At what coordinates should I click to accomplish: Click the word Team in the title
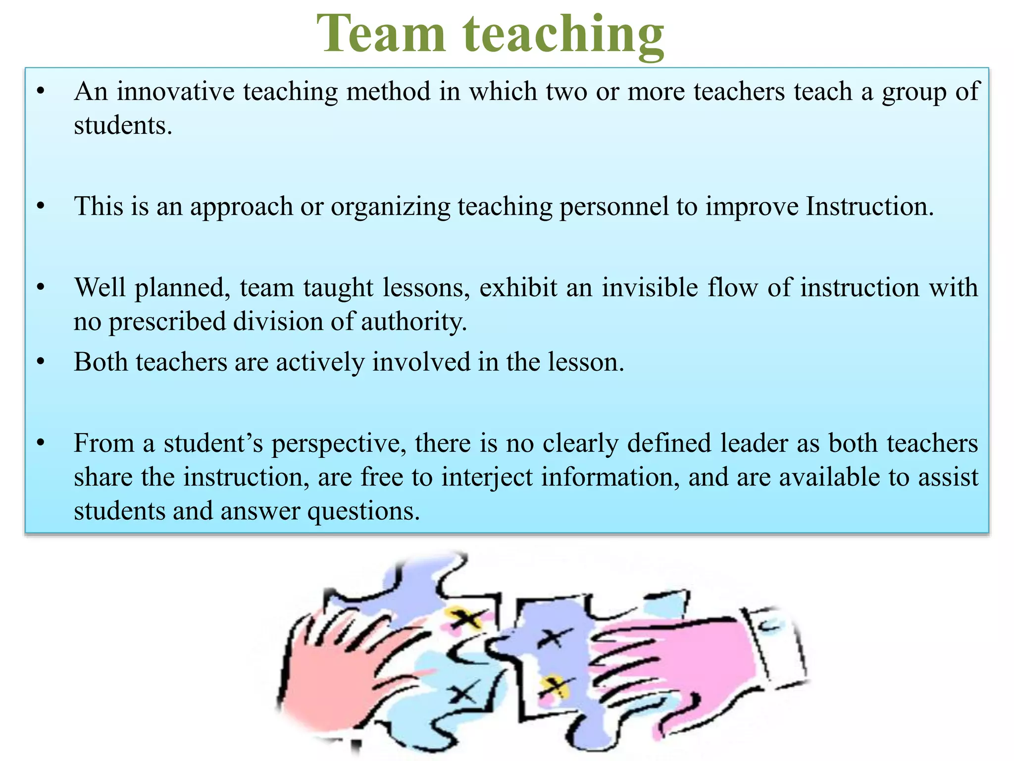pyautogui.click(x=381, y=34)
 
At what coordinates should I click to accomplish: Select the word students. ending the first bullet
pyautogui.click(x=123, y=125)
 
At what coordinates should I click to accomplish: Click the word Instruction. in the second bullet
pyautogui.click(x=869, y=206)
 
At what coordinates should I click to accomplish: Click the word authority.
pyautogui.click(x=414, y=322)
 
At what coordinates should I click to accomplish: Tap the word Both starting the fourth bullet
pyautogui.click(x=101, y=362)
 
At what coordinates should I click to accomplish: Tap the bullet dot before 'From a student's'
pyautogui.click(x=41, y=442)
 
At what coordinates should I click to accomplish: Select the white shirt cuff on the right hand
pyautogui.click(x=777, y=644)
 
